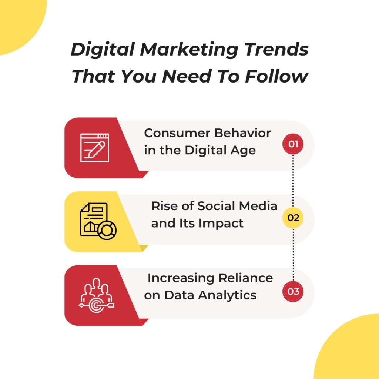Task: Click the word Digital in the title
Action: click(103, 50)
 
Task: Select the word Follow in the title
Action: click(276, 76)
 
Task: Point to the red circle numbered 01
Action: click(293, 144)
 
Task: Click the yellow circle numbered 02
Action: click(293, 218)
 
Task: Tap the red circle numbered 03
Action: click(293, 292)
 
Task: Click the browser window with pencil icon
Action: click(95, 148)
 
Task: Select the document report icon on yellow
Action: click(98, 221)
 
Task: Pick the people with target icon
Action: click(97, 295)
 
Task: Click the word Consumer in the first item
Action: click(177, 133)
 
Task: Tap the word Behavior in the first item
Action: click(242, 133)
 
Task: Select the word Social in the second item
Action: click(216, 206)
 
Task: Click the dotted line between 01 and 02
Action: click(293, 181)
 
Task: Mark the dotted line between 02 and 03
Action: click(293, 255)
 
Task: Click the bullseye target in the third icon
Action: click(97, 305)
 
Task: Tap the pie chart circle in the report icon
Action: click(107, 230)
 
